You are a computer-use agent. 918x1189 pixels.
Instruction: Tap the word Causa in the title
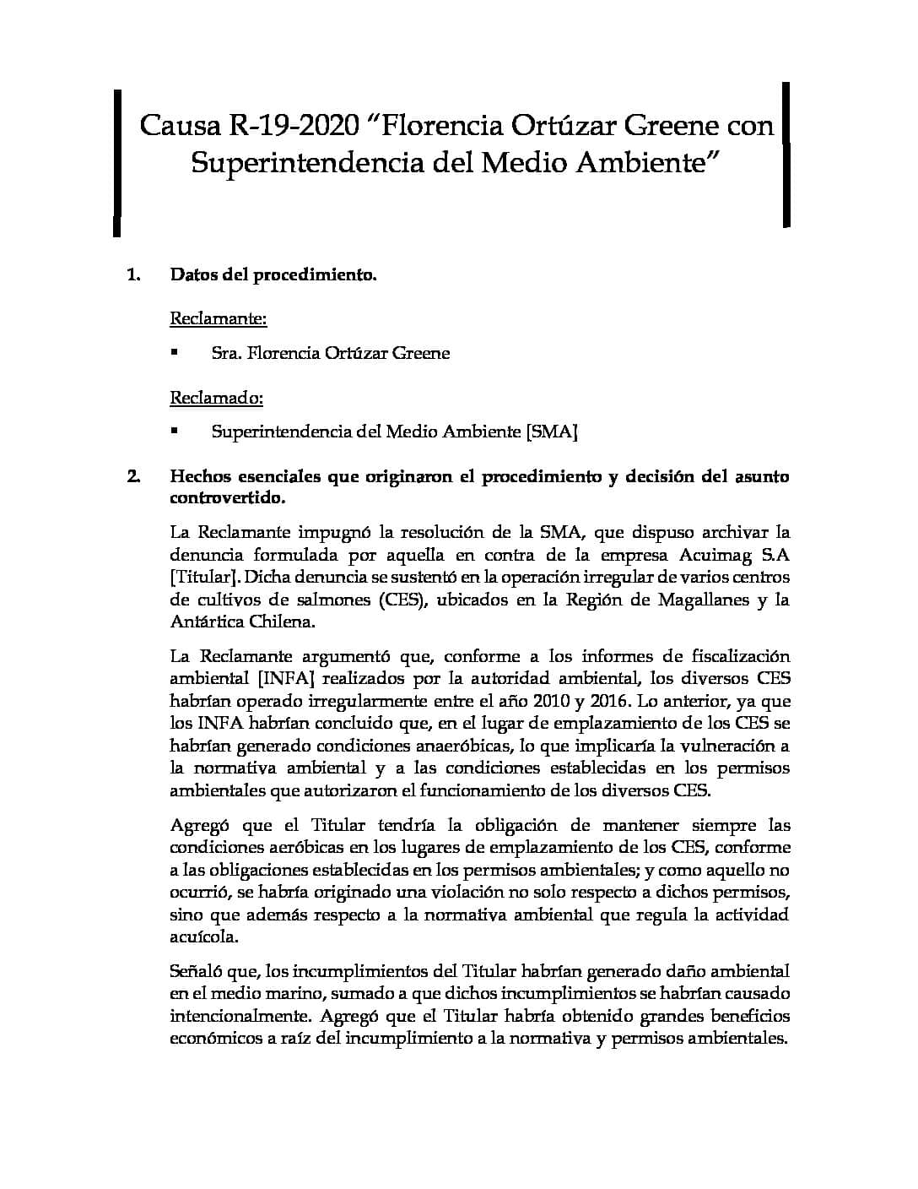178,126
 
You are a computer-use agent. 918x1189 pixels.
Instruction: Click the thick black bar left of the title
118,160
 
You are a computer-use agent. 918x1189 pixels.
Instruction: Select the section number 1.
132,274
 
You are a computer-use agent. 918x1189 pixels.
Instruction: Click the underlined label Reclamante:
219,318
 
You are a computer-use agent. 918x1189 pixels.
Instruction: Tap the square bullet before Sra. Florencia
175,352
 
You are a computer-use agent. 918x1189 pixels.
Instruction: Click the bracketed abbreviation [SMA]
552,432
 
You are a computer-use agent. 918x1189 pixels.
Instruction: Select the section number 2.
132,476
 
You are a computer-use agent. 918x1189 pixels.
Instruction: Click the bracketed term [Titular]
204,578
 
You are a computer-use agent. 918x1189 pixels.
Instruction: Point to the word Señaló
195,971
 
